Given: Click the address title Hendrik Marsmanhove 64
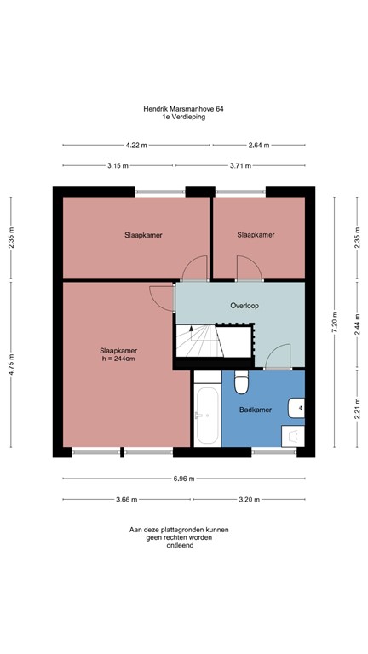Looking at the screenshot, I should (x=183, y=109).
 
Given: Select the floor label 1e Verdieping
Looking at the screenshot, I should (x=183, y=118).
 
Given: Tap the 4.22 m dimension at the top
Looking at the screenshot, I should (x=135, y=146).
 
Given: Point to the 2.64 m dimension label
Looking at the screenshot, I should (x=259, y=146).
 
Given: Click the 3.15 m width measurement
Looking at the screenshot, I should (x=118, y=165).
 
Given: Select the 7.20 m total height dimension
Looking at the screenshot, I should (x=335, y=322).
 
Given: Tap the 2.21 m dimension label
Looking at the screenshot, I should (x=356, y=410).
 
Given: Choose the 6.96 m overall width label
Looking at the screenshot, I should (x=183, y=479).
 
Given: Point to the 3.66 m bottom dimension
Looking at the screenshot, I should (x=126, y=499).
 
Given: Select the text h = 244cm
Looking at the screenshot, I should (x=118, y=359).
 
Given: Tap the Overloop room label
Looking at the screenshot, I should (x=244, y=305).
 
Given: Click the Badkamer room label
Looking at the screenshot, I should (x=256, y=410).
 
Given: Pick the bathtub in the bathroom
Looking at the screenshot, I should (x=207, y=416).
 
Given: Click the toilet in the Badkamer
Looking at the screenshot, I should (x=241, y=385).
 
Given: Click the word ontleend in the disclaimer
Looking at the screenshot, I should (x=179, y=546).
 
